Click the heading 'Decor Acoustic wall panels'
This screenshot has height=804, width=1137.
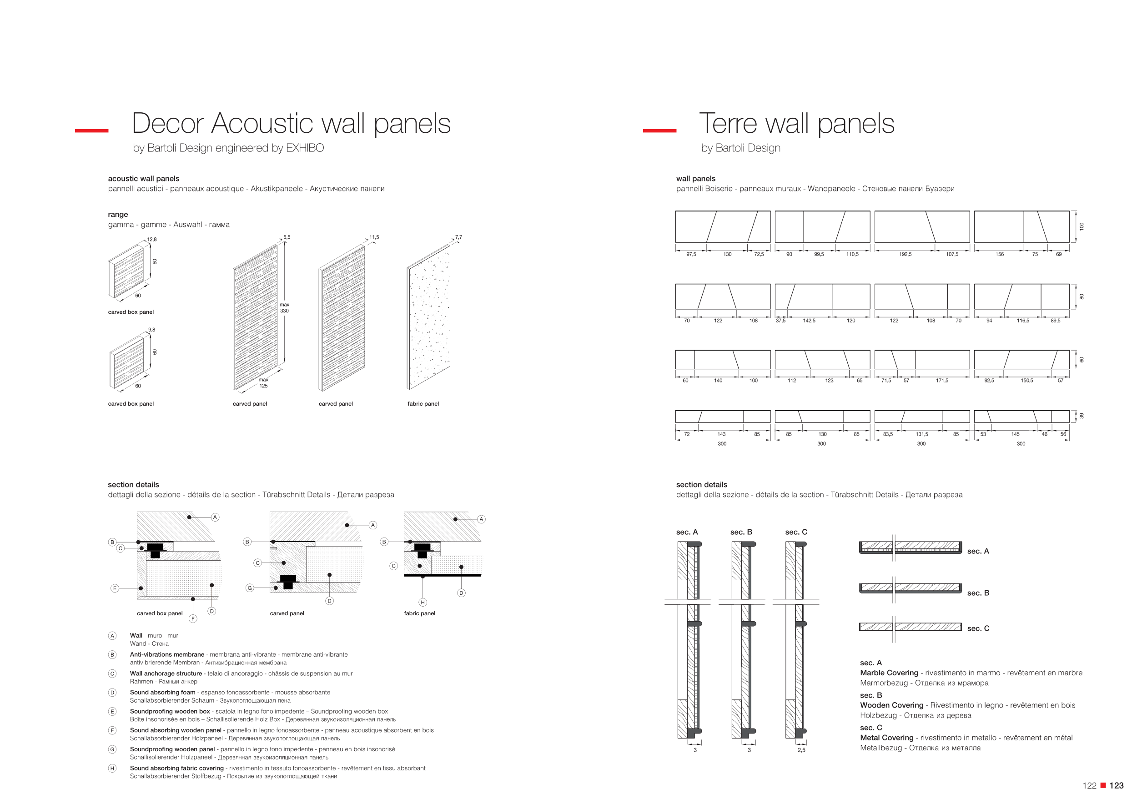click(291, 123)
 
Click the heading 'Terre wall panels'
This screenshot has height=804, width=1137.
click(796, 123)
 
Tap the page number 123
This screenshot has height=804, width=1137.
click(1116, 786)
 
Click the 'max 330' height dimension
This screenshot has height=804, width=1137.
click(284, 308)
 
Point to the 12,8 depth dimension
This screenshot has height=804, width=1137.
click(151, 240)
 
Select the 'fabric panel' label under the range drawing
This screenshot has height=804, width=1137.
click(423, 404)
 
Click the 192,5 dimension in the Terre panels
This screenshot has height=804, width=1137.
click(905, 255)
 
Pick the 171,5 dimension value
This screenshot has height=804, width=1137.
click(942, 381)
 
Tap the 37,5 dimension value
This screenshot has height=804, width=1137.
click(780, 321)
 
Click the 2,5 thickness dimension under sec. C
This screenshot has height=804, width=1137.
click(801, 750)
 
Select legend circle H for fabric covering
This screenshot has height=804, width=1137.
click(112, 769)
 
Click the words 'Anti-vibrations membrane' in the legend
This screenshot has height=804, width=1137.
click(167, 654)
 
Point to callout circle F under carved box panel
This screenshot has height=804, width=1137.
click(193, 619)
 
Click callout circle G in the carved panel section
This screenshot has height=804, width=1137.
click(250, 588)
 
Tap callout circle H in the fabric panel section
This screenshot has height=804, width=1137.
click(423, 603)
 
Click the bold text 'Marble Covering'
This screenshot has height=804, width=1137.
click(889, 673)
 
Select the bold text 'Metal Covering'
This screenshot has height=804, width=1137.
click(886, 738)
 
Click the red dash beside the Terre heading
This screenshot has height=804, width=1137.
click(659, 131)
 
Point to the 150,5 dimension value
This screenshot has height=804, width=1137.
click(1026, 381)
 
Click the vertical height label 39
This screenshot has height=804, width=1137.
click(1082, 416)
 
